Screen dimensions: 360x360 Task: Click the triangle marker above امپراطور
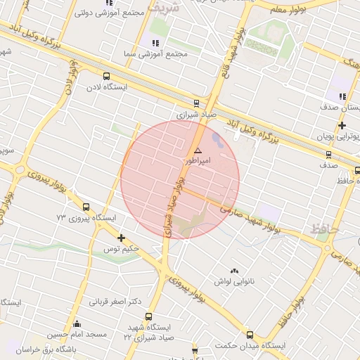[198, 150]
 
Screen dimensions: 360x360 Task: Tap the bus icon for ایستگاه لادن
[106, 77]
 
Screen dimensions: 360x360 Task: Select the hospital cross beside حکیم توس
[122, 238]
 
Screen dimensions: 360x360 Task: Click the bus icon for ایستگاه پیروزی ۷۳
[86, 207]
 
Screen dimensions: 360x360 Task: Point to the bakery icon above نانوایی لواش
[234, 271]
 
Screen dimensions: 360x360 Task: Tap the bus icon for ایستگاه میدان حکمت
[250, 335]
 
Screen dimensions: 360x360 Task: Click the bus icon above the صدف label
[328, 155]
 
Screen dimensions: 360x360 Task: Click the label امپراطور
[197, 161]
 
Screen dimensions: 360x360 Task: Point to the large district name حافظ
[323, 229]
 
